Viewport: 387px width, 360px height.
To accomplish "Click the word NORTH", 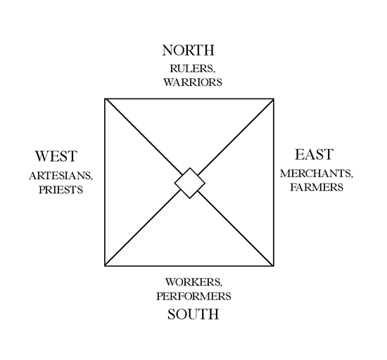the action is (189, 51).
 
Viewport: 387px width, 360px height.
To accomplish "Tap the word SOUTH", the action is (193, 314).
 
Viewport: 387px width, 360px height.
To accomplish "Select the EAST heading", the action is (315, 155).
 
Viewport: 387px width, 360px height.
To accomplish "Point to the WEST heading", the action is (56, 156).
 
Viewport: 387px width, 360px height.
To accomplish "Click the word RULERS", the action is (191, 68).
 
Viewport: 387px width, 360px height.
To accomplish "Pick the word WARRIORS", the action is (193, 82).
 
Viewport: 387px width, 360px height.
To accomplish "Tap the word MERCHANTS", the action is (315, 174).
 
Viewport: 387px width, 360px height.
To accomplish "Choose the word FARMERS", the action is (317, 187).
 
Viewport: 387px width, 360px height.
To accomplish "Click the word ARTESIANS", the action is (60, 176).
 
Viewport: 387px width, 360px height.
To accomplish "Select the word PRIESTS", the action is (61, 190).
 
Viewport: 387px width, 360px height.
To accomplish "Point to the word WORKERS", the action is (192, 282).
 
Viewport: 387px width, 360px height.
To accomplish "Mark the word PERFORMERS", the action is (193, 296).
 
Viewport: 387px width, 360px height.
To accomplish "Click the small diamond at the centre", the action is (190, 183).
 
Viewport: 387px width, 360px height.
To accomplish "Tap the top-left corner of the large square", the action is (105, 99).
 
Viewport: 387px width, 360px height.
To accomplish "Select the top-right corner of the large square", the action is (274, 99).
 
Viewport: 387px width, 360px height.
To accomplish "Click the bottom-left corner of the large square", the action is (105, 266).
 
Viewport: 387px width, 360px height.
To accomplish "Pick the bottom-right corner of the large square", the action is (274, 266).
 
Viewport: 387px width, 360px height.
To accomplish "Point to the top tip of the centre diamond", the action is (190, 167).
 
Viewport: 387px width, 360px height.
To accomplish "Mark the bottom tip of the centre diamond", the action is (190, 198).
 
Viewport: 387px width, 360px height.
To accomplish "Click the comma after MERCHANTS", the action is (352, 176).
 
